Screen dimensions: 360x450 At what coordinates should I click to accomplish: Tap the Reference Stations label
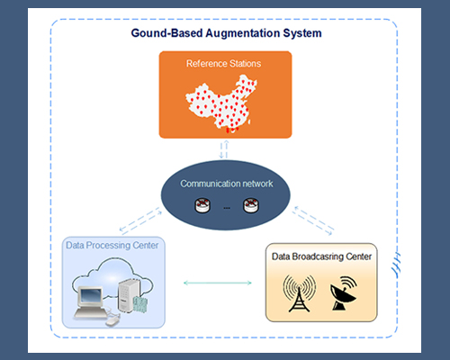click(224, 64)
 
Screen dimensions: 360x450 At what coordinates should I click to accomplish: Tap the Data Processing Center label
click(112, 245)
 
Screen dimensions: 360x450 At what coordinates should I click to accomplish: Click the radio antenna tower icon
click(298, 292)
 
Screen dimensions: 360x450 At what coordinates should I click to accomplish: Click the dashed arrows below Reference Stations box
click(225, 148)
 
